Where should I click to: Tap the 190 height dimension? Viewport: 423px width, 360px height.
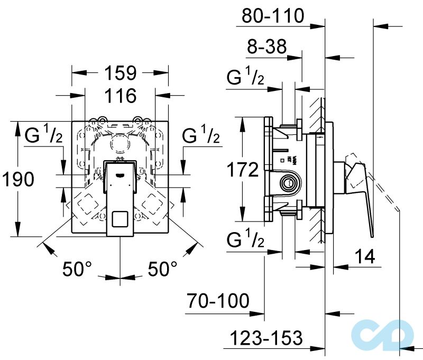tap(17, 180)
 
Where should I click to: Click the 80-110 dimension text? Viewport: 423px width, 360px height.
tap(273, 16)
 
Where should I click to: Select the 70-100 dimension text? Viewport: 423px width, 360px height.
tap(217, 301)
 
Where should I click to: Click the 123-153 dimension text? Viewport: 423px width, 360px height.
tap(266, 337)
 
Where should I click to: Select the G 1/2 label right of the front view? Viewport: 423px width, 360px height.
tap(201, 137)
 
